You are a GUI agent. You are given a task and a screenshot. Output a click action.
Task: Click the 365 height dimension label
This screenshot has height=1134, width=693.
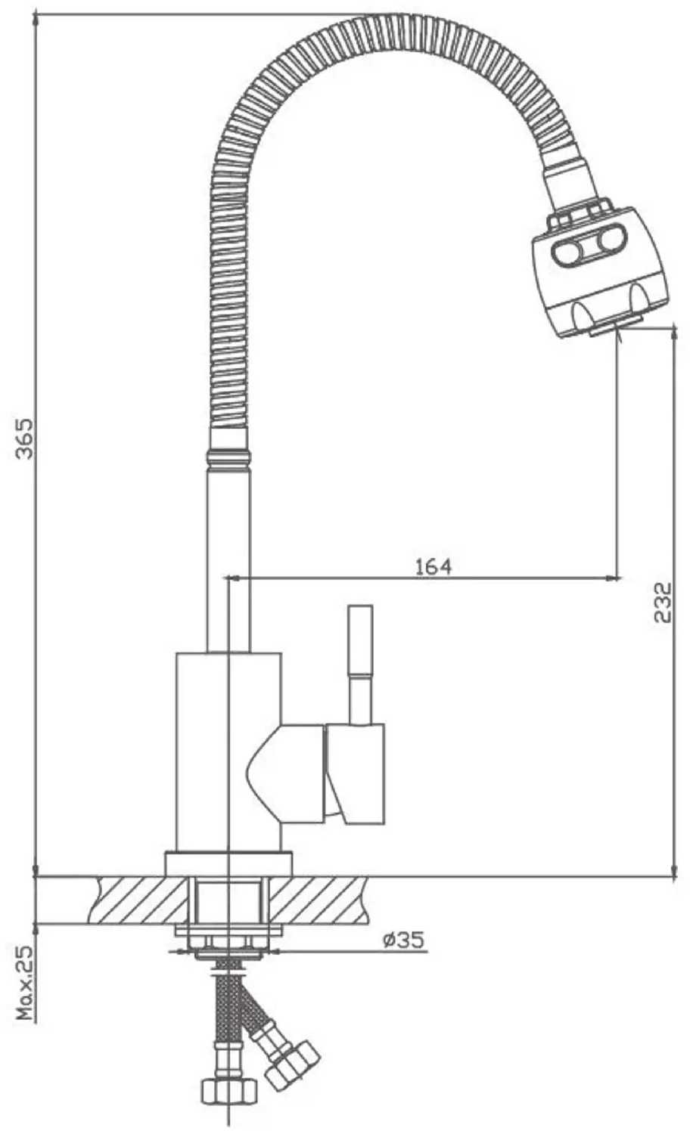tap(25, 438)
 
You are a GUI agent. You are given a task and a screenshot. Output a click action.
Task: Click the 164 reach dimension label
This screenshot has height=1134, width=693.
tap(433, 565)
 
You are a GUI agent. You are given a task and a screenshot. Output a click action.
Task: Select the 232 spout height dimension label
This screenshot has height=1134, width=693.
tap(663, 602)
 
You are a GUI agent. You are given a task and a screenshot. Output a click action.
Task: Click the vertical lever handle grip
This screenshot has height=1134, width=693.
tap(359, 640)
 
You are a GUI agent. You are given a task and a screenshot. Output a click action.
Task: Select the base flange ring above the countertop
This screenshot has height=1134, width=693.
tap(228, 863)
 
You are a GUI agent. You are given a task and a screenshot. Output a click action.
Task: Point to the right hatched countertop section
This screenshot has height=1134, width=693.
tap(319, 900)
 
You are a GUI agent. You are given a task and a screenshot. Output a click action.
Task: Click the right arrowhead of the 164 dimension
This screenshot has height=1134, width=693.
tap(614, 579)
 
